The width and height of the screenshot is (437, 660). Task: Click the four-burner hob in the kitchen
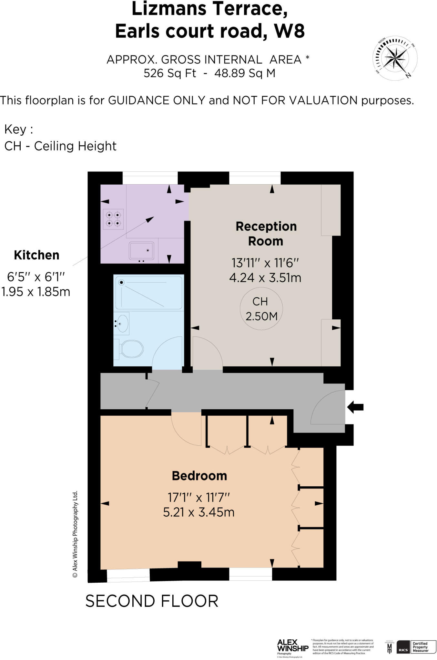pos(113,219)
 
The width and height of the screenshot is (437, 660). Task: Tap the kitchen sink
pos(141,251)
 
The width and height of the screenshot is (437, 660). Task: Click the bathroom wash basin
pos(122,323)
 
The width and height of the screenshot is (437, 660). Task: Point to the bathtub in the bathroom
pos(148,293)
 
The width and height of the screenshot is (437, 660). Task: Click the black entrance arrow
pos(355,407)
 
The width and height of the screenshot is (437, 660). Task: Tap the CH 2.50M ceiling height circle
pos(261,309)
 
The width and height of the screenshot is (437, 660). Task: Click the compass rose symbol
pos(395,58)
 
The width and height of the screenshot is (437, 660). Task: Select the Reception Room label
pos(266,234)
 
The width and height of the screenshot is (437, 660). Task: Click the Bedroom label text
pos(199,476)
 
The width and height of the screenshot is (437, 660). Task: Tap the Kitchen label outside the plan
pos(36,255)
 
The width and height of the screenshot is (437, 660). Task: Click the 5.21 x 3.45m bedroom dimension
pos(198,512)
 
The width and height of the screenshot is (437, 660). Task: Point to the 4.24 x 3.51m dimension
pos(265,278)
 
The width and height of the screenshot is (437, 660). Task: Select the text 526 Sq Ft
pos(170,73)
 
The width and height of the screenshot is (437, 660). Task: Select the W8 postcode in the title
pos(289,31)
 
